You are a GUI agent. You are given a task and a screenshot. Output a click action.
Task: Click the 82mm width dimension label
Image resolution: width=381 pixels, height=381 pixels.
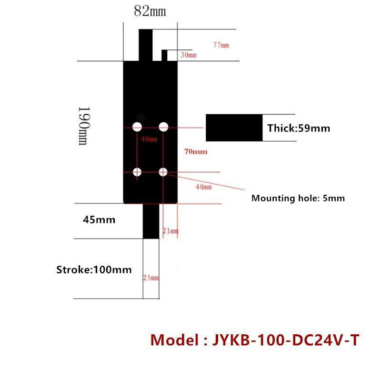point(150,12)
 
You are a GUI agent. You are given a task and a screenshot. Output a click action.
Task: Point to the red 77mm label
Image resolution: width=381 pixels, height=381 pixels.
point(221,45)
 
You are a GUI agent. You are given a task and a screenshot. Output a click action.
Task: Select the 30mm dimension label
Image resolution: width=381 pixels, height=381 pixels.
point(189,56)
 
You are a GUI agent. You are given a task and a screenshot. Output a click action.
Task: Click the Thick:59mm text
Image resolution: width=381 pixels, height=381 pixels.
point(299,128)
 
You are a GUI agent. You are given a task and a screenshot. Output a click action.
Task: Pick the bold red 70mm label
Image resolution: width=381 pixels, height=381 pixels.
point(196,152)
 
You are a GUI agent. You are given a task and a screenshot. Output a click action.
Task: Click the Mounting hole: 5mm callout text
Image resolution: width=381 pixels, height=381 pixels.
point(298,198)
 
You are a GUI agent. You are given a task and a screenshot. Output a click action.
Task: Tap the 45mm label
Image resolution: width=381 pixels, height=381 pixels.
point(99,220)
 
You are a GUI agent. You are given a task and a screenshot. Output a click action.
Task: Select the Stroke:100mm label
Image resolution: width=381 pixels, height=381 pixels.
point(94,270)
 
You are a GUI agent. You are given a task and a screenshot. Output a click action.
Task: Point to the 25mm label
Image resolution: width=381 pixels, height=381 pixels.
point(151,278)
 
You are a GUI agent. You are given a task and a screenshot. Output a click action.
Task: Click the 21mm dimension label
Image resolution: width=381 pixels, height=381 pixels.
point(170,231)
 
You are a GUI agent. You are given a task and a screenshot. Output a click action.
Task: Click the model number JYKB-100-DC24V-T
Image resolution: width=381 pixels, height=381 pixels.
point(254,341)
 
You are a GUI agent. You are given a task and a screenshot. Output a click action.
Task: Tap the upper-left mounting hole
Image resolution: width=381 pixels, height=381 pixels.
point(138,127)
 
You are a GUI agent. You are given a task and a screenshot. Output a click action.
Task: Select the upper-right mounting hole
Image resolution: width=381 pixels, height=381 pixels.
point(164,127)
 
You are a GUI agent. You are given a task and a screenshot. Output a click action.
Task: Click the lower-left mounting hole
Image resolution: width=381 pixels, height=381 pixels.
point(137,172)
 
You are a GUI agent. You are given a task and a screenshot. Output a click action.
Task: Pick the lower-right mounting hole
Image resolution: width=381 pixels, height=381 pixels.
point(163,172)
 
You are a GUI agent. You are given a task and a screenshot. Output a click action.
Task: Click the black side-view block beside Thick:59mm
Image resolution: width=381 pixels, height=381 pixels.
point(234,128)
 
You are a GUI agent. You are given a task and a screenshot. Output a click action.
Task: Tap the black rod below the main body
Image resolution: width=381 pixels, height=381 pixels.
point(151,221)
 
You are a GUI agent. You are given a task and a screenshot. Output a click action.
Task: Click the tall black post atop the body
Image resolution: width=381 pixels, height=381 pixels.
point(146,45)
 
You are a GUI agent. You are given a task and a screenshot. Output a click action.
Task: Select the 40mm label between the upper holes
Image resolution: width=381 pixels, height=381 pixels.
point(149,139)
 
